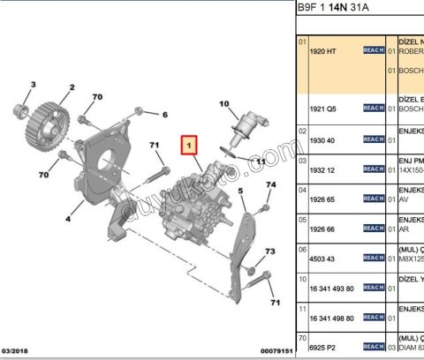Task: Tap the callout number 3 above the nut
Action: pyautogui.click(x=34, y=84)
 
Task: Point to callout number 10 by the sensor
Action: pyautogui.click(x=223, y=104)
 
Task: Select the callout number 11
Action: pyautogui.click(x=259, y=162)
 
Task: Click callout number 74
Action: pyautogui.click(x=271, y=184)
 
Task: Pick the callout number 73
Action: pyautogui.click(x=270, y=251)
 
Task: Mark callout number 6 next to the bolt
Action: pyautogui.click(x=164, y=114)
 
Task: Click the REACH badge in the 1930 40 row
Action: pyautogui.click(x=374, y=139)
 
